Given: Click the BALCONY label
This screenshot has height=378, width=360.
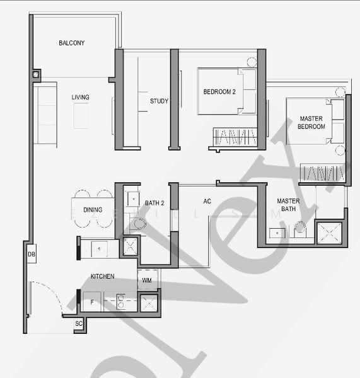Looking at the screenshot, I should coord(71,43).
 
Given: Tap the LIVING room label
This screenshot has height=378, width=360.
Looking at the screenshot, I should coord(80,98).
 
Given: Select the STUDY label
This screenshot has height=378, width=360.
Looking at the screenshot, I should coord(159,101).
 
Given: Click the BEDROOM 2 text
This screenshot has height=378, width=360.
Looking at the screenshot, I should coord(219,92).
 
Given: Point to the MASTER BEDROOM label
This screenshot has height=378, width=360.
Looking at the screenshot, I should coord(311,122).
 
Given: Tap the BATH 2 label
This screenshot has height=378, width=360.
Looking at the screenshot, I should coord(154,203).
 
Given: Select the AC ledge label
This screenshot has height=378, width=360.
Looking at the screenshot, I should coord(207,202).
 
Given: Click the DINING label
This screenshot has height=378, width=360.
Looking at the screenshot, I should coord(93,210).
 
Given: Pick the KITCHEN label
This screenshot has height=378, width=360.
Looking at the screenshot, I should coord(102,277).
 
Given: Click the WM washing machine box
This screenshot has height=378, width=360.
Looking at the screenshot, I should coord(146,280).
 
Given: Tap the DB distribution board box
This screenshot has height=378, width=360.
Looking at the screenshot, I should coord(31,255).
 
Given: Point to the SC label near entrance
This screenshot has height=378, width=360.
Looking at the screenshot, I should coord(79,324).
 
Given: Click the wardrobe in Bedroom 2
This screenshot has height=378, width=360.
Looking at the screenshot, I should coord(234,137).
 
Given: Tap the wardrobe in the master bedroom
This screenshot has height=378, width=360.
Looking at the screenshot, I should coord(322,172).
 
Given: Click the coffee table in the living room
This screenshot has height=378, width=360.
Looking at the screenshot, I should coord(82,117).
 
